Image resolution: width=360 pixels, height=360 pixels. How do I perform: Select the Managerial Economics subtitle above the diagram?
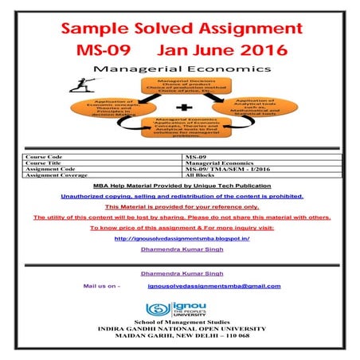click(179, 70)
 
